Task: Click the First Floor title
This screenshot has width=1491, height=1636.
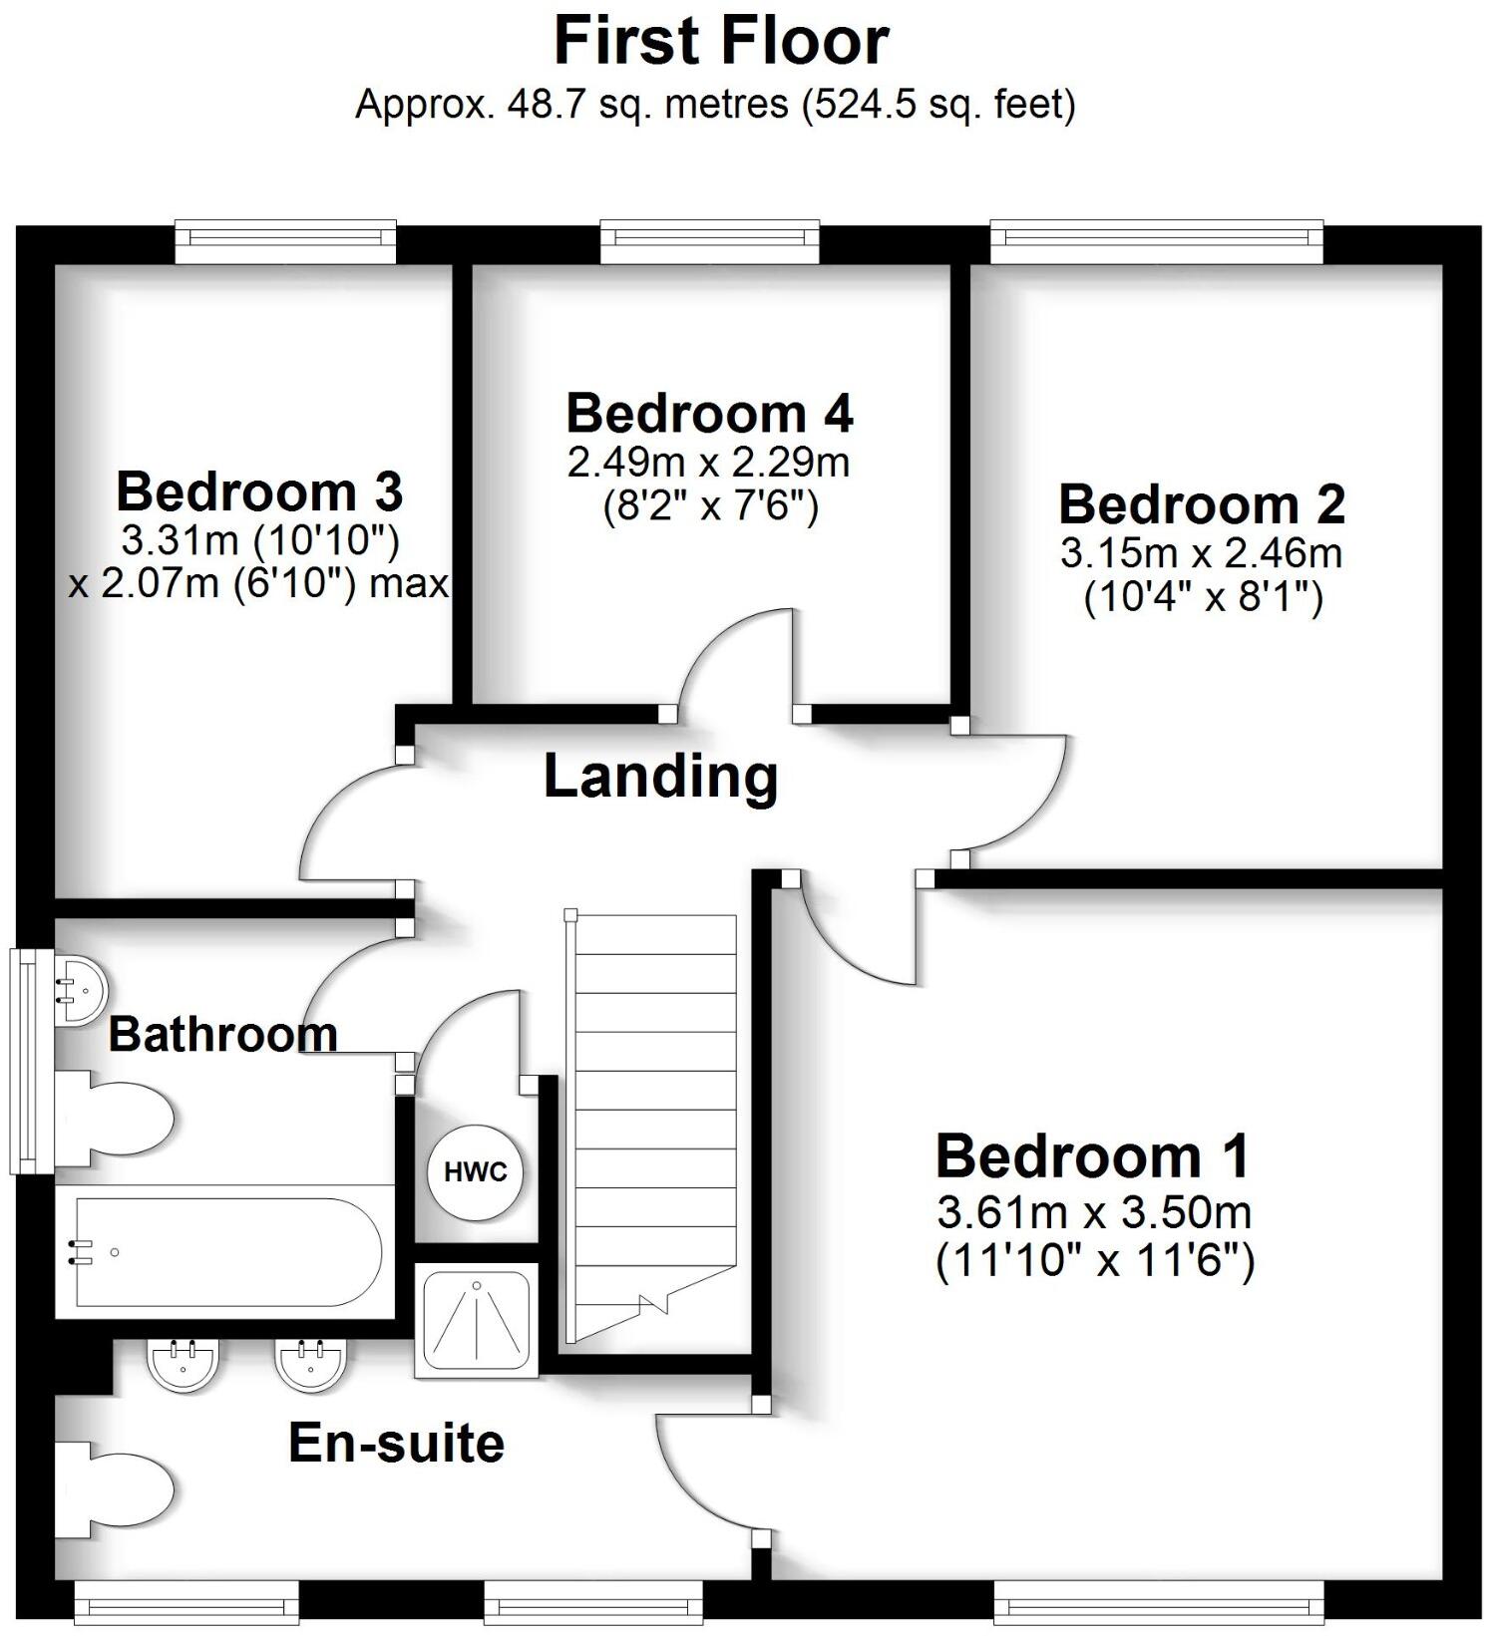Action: (x=720, y=42)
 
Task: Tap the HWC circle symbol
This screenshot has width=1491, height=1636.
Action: (x=476, y=1172)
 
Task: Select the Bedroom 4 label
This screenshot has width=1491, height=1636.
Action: (x=709, y=413)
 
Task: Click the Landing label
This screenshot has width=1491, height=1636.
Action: (x=660, y=777)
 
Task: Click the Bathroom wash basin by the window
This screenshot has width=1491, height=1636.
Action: (x=79, y=990)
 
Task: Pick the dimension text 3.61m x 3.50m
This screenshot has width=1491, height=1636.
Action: (x=1094, y=1213)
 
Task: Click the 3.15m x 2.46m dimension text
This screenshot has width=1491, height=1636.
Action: (x=1201, y=553)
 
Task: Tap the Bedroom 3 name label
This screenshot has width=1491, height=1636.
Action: (x=259, y=491)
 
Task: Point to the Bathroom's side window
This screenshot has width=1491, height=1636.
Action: (x=23, y=1060)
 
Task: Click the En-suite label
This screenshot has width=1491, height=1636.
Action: (x=396, y=1443)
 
